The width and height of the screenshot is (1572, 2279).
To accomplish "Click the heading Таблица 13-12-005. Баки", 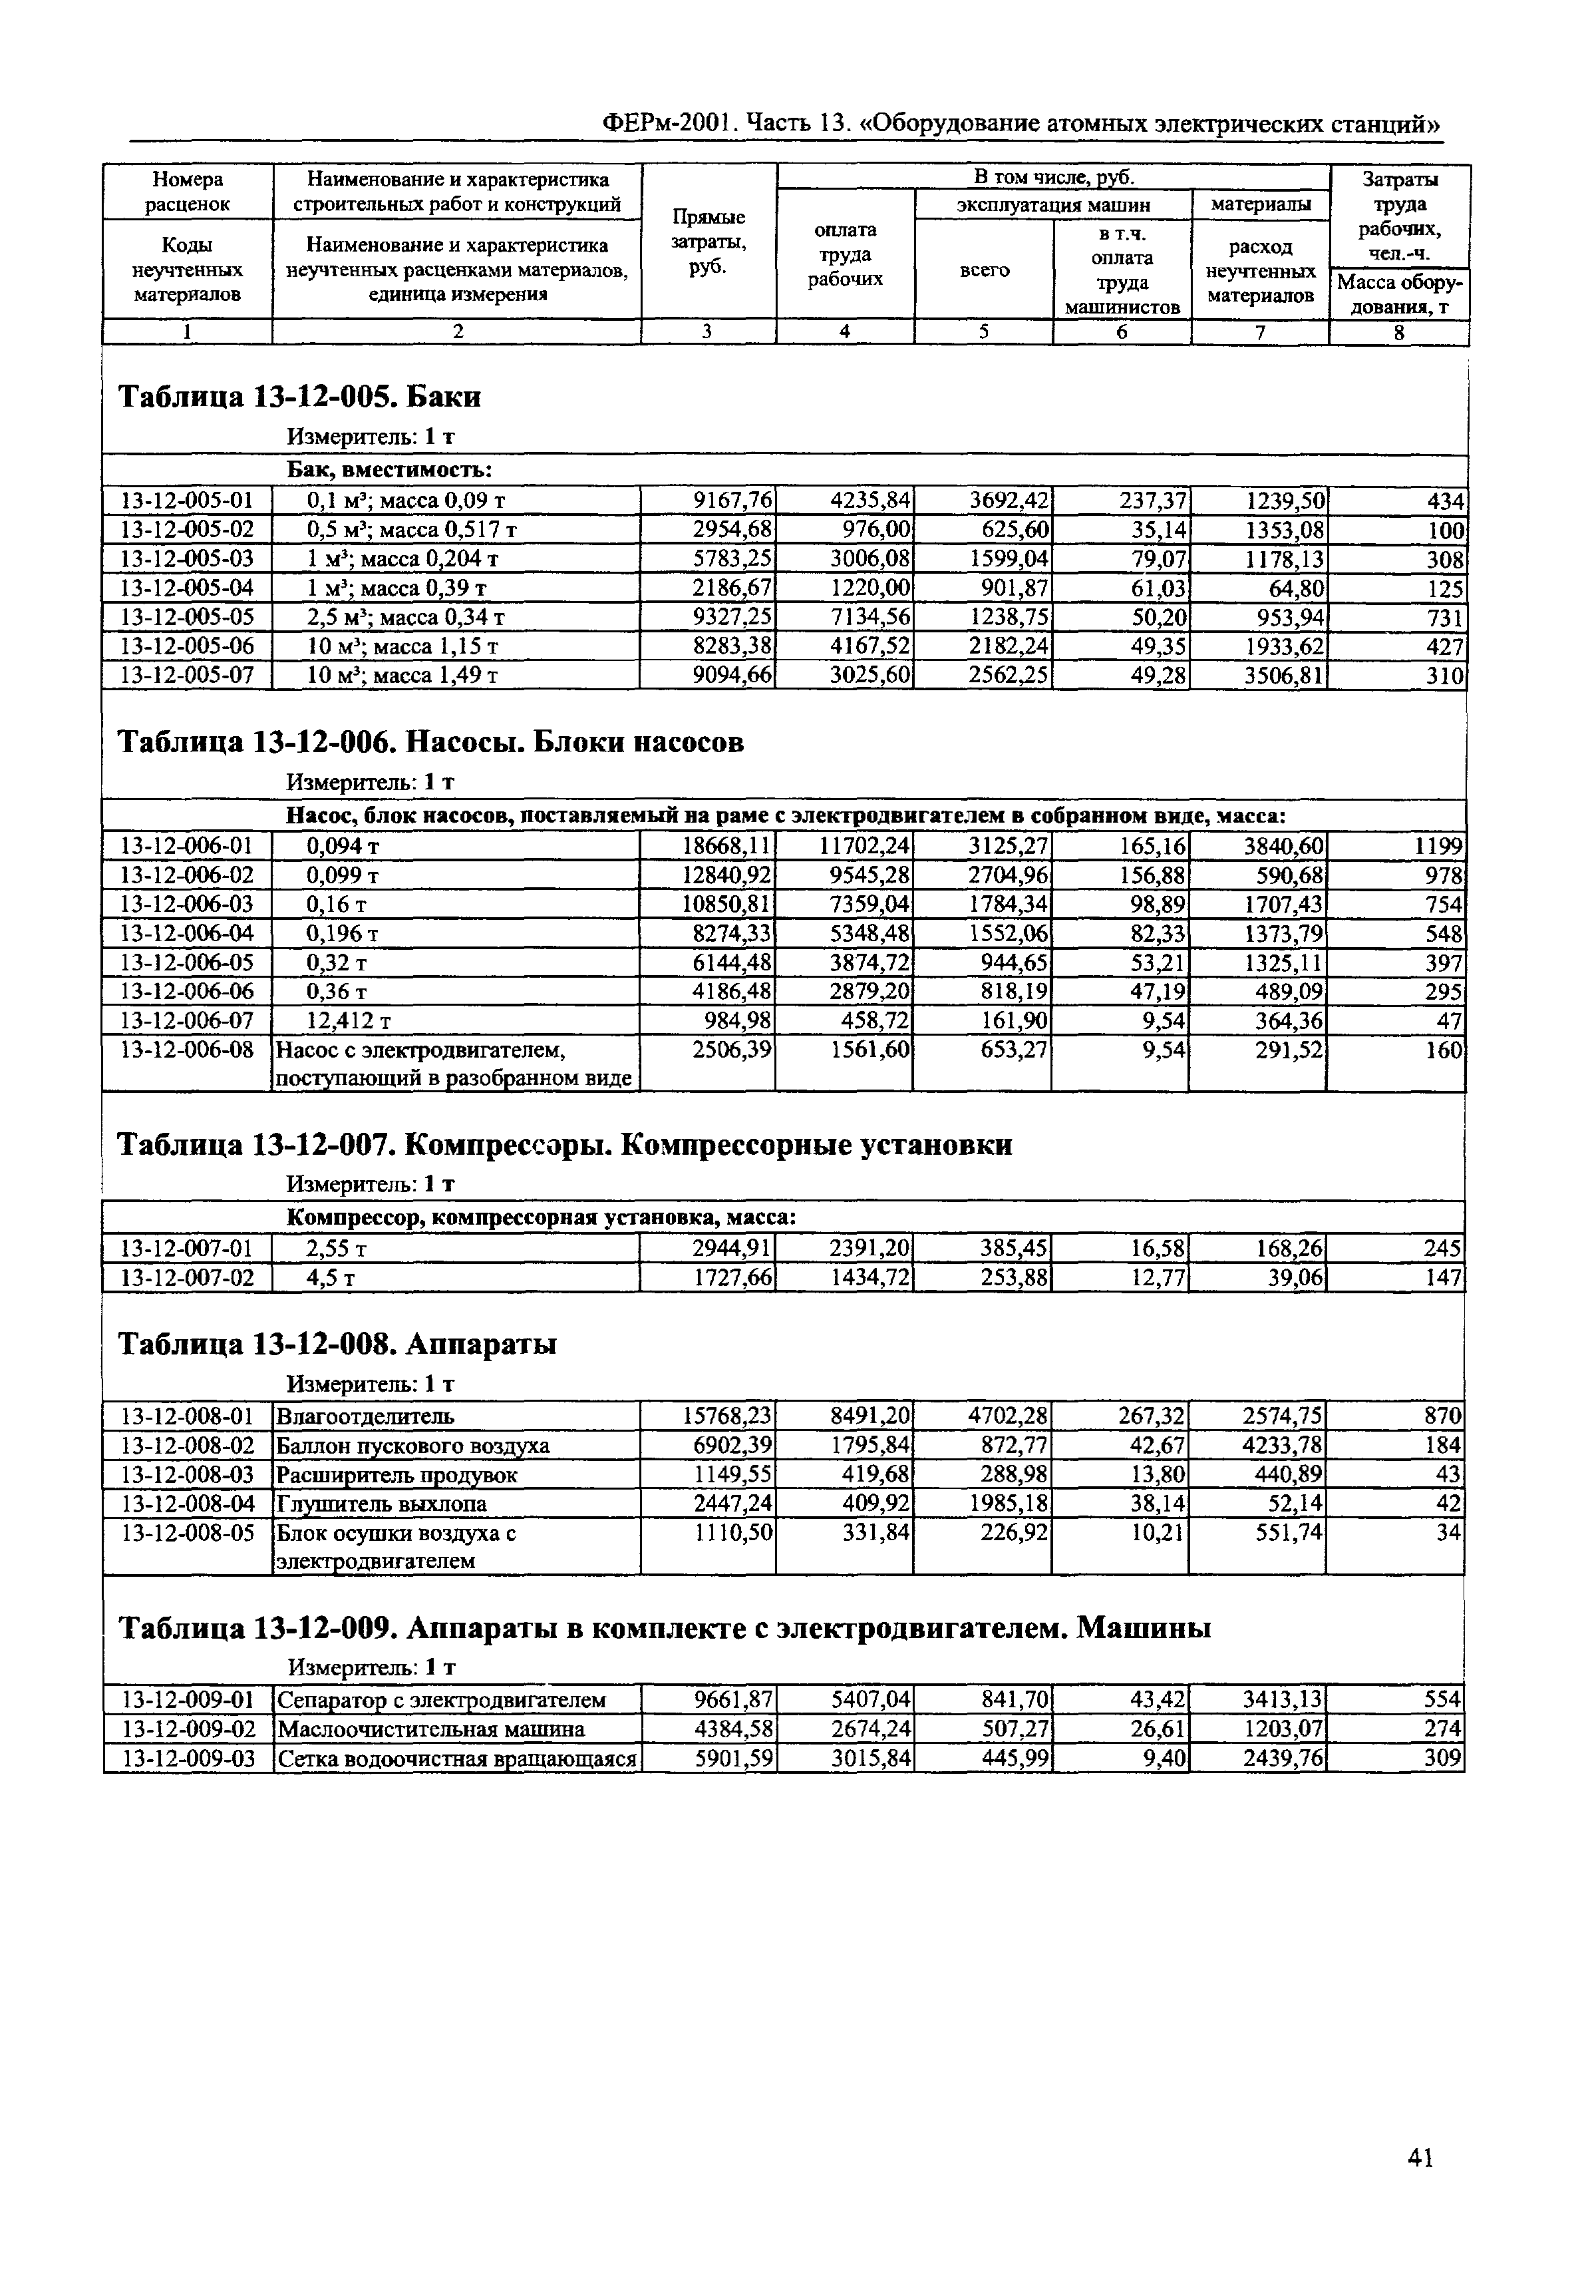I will pyautogui.click(x=299, y=397).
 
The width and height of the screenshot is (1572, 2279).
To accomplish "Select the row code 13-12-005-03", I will pyautogui.click(x=187, y=558).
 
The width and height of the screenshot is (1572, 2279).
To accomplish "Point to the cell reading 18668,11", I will pyautogui.click(x=728, y=845).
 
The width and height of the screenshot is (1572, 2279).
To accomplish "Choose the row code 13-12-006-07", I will pyautogui.click(x=187, y=1020).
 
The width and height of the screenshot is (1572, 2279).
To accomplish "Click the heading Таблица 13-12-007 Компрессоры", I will pyautogui.click(x=564, y=1145).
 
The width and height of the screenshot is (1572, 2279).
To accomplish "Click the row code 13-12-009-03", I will pyautogui.click(x=187, y=1758).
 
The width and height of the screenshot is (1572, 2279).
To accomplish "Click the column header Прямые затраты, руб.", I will pyautogui.click(x=708, y=242).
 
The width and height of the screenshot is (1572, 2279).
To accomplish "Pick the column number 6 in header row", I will pyautogui.click(x=1121, y=333).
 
